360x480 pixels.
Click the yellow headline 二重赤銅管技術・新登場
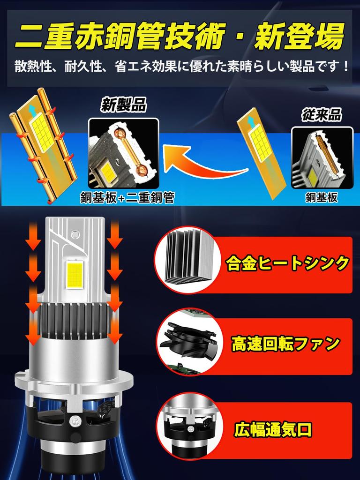pyautogui.click(x=180, y=36)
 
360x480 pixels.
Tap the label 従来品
pyautogui.click(x=322, y=114)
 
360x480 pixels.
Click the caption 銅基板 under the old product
pyautogui.click(x=322, y=198)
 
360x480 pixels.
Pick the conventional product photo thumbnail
pyautogui.click(x=322, y=157)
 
